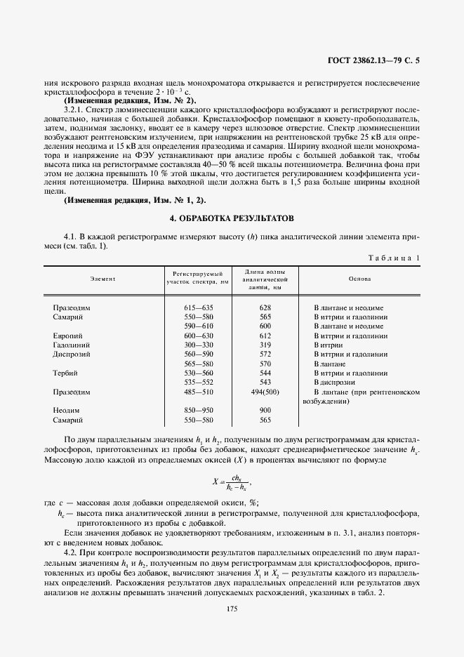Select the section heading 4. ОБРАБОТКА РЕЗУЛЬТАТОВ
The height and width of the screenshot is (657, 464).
(x=232, y=219)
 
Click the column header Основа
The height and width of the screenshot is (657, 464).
(x=360, y=279)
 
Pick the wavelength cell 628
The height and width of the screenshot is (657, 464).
(x=245, y=307)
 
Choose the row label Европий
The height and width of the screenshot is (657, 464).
(x=67, y=336)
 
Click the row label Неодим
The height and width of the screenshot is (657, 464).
(x=65, y=410)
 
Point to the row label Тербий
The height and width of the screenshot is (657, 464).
(x=65, y=373)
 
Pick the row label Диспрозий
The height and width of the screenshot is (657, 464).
(x=72, y=354)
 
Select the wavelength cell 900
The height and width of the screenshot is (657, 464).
(x=245, y=410)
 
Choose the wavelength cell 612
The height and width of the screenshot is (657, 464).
(x=245, y=336)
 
